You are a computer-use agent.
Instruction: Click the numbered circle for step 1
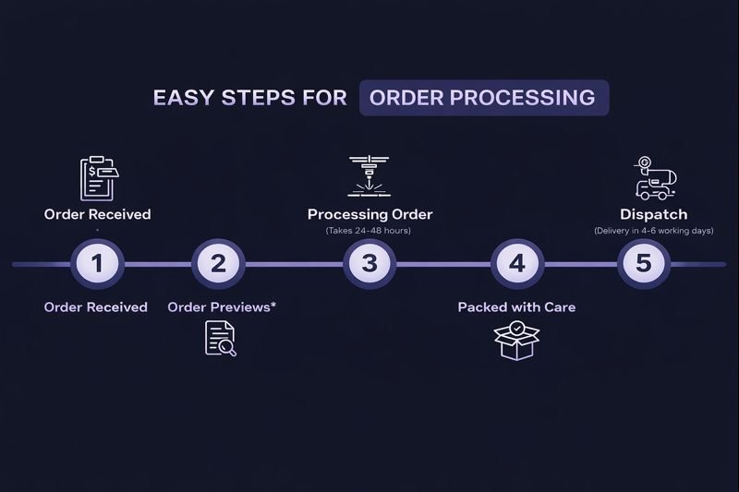[x=97, y=264]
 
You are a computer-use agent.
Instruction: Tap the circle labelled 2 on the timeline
[x=218, y=264]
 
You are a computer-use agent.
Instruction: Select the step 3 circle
[x=369, y=264]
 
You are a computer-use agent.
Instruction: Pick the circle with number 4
[x=516, y=264]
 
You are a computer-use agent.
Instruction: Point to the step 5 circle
[x=644, y=264]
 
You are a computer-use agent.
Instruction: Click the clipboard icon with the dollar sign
[x=99, y=178]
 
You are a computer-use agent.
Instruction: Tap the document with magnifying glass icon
[x=220, y=338]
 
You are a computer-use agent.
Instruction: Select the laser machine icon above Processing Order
[x=369, y=176]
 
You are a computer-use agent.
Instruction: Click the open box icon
[x=516, y=339]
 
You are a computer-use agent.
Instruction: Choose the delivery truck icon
[x=654, y=178]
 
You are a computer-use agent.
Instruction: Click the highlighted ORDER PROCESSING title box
[x=483, y=98]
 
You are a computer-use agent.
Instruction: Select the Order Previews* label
[x=222, y=306]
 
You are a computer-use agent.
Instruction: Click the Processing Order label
[x=369, y=214]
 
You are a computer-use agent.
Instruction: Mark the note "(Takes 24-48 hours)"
[x=369, y=231]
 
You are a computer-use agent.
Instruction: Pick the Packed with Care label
[x=516, y=306]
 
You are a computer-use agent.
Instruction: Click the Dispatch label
[x=653, y=214]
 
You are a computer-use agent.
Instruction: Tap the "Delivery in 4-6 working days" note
[x=653, y=231]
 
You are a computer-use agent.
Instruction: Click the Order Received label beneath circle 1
[x=96, y=306]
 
